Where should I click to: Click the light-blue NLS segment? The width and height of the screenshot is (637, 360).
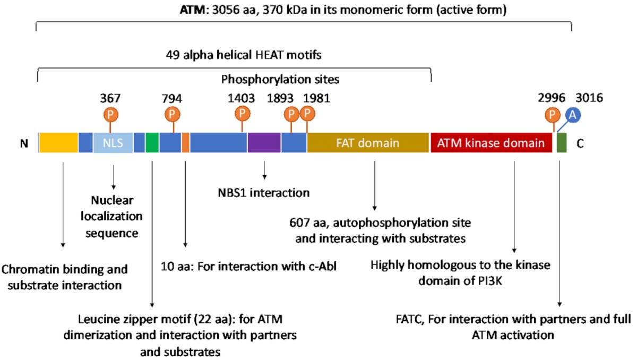coord(113,143)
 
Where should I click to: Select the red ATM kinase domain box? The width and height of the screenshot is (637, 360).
coord(491,143)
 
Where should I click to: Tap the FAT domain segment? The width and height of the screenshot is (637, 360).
coord(368,143)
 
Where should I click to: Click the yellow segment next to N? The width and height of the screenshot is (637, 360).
coord(58,143)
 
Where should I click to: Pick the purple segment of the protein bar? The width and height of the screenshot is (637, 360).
coord(264,143)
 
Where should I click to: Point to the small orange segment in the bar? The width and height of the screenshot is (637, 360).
coord(185,143)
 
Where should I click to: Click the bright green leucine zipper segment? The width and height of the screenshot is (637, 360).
coord(152,143)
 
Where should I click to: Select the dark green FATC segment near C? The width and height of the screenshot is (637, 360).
coord(562,143)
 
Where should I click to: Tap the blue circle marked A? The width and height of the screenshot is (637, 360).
coord(573,115)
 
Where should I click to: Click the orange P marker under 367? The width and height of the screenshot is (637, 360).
coord(110,115)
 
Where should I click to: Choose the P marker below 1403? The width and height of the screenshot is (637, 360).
coord(242,114)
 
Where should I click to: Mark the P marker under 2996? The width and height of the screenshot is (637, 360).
coord(553,115)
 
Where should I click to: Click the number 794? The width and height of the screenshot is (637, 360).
coord(172,99)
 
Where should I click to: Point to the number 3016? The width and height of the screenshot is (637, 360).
coord(589,98)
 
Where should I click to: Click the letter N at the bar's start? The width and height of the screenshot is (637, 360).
coord(24,143)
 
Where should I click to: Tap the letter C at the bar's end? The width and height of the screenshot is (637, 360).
coord(580,143)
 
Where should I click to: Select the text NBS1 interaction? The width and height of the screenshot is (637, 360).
coord(264,193)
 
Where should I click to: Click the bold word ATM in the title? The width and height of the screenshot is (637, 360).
coord(192,10)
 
